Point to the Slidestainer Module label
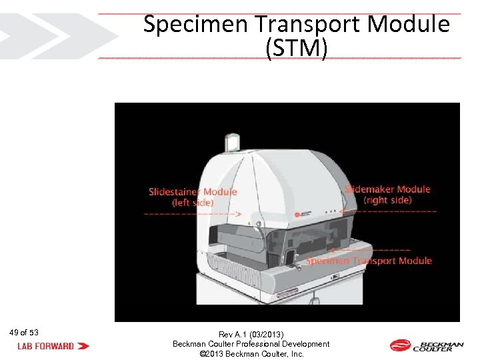coord(193,192)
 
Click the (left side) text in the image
coord(193,203)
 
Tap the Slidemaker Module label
coord(387,189)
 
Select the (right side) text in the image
coord(387,200)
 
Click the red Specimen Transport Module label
coord(369,261)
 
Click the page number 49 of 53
coord(24,332)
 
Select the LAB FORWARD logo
coord(53,346)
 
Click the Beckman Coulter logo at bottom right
coord(427,345)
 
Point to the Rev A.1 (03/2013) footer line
coord(251,334)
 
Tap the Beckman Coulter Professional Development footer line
coord(251,344)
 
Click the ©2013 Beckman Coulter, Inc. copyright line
coord(251,354)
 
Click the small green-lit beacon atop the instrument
coord(233,143)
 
